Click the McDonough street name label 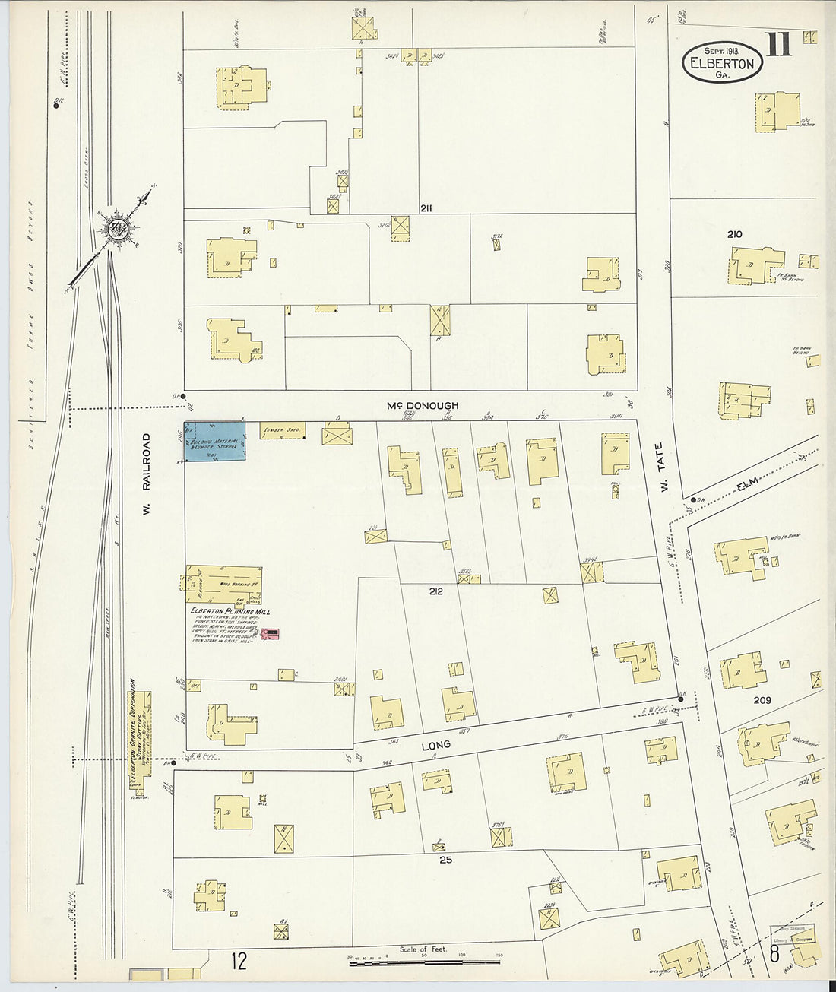pos(422,406)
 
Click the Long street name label pos(435,745)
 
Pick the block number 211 pos(426,208)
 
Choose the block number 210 pos(734,234)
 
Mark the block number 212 pos(435,591)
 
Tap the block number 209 pos(762,700)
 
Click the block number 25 pos(445,860)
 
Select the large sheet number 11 pos(779,46)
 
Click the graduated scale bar pos(426,963)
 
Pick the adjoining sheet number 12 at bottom pos(239,962)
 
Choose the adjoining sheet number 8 pos(773,953)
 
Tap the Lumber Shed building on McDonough pos(283,431)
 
